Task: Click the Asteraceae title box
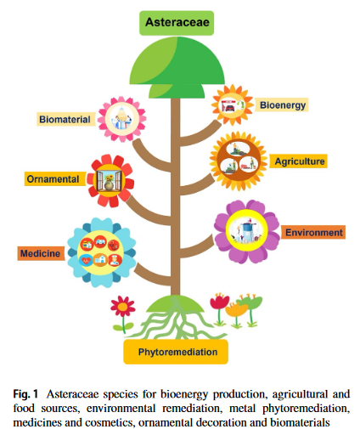tap(177, 23)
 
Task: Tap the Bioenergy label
tap(281, 105)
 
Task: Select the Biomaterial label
tap(65, 119)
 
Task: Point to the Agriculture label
tap(298, 161)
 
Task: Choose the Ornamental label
tap(54, 179)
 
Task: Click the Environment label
tap(313, 233)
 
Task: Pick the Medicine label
tap(41, 253)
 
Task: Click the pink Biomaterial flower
tap(122, 119)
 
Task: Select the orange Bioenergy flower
tap(233, 105)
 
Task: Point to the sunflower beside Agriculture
tap(238, 161)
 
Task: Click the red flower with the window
tap(110, 180)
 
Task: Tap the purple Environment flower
tap(246, 231)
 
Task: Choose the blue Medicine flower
tap(100, 252)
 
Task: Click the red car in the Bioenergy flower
tap(230, 108)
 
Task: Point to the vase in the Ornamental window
tap(109, 185)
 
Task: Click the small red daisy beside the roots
tap(123, 307)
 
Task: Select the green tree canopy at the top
tap(177, 67)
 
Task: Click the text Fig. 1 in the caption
tap(25, 394)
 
